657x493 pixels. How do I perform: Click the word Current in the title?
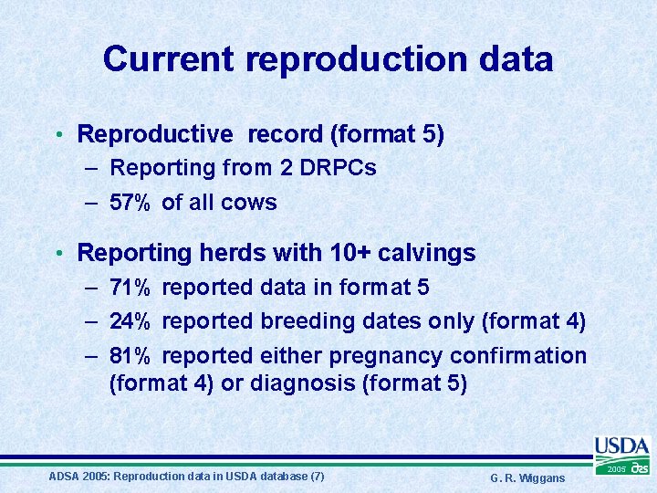coord(170,59)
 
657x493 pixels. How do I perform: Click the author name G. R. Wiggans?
coord(527,478)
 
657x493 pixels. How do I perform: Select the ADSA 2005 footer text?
coord(185,477)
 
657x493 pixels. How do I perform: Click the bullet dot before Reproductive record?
coord(57,135)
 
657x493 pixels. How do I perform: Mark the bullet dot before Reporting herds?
coord(57,253)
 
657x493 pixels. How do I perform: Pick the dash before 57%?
coord(93,203)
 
